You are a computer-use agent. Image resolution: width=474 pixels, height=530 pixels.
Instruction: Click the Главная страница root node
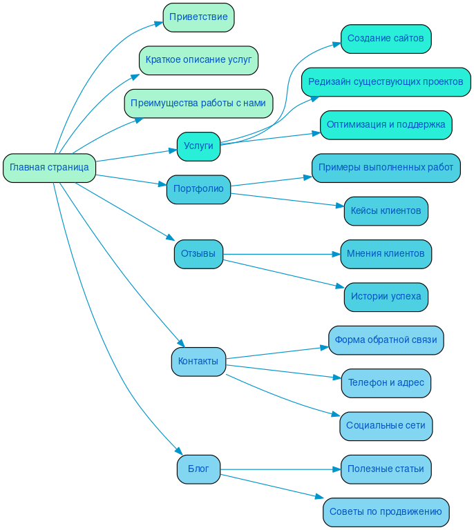[49, 168]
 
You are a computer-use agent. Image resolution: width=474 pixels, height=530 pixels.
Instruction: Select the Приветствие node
[198, 17]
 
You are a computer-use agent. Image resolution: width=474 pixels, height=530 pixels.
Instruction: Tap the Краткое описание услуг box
[198, 60]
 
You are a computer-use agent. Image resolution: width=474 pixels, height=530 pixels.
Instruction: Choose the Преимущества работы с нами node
[198, 103]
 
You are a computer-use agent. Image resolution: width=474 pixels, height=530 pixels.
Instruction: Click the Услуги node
[198, 146]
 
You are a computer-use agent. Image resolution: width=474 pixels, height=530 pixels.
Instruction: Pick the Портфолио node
[198, 189]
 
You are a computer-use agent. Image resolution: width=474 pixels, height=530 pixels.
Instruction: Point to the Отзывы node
[198, 254]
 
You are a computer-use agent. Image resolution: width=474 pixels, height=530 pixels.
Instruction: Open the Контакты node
[198, 362]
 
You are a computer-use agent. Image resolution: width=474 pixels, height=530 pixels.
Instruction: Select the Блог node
[198, 469]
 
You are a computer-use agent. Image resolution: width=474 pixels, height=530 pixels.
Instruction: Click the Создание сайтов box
[386, 39]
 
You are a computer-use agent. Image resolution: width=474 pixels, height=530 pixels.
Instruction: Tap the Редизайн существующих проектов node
[386, 82]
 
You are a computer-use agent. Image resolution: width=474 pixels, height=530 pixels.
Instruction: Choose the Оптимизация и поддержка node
[386, 125]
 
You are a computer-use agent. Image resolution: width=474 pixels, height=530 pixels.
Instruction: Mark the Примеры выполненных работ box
[386, 168]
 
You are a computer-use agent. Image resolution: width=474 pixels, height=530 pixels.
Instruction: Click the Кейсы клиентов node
[386, 211]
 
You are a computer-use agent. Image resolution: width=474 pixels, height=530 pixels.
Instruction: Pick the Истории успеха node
[386, 297]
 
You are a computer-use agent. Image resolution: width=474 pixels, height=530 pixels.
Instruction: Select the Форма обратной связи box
[386, 340]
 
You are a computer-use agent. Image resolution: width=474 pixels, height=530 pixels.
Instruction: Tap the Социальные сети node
[386, 426]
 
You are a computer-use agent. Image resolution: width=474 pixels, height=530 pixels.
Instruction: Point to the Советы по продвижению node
[386, 512]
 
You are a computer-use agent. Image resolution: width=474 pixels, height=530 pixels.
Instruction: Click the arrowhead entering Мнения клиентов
[336, 254]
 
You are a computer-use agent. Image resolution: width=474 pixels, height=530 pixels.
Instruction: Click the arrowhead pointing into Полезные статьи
[336, 469]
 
